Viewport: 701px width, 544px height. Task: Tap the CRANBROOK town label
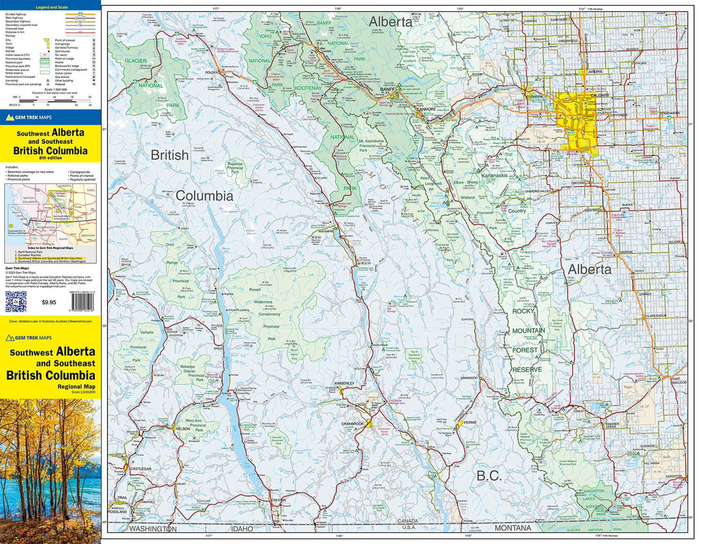352,424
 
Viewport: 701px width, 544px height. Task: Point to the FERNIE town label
470,422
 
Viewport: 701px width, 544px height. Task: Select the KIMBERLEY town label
344,383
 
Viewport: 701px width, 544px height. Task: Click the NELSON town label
182,429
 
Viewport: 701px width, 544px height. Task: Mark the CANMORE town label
426,109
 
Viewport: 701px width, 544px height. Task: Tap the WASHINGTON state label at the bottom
153,529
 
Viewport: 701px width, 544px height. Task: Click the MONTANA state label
513,528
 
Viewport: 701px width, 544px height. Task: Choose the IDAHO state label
242,529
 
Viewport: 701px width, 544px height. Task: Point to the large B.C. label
489,476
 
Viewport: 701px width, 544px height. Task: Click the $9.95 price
49,302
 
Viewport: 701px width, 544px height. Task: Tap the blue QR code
15,301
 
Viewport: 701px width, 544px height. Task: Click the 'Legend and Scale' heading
51,7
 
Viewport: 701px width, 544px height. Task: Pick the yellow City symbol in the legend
46,40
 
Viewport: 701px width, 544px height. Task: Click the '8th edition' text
50,158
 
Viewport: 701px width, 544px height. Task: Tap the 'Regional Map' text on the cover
76,387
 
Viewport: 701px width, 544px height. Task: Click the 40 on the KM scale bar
90,97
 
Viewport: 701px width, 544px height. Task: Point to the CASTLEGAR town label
141,469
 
